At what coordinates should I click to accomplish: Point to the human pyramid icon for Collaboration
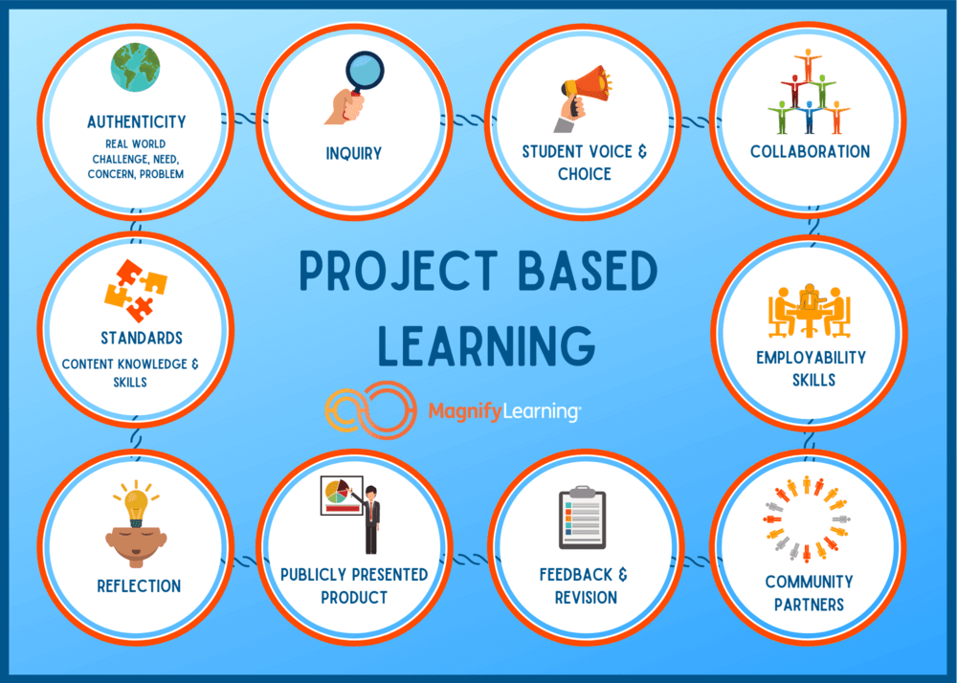click(x=809, y=92)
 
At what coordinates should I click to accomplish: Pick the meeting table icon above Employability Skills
click(x=810, y=310)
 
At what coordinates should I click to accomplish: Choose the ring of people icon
click(x=809, y=519)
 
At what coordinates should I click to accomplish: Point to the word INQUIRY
click(x=353, y=153)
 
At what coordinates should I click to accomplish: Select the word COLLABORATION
click(x=810, y=151)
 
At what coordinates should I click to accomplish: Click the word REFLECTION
click(x=139, y=586)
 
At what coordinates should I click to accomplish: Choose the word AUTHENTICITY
click(x=137, y=122)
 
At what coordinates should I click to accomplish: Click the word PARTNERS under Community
click(x=810, y=605)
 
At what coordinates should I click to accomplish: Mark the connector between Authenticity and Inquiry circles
click(x=244, y=120)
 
